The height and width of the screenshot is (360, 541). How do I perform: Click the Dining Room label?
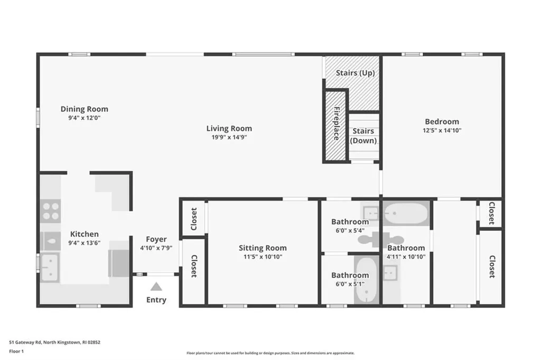coord(84,109)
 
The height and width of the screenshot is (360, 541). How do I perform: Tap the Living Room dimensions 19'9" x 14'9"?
coord(229,137)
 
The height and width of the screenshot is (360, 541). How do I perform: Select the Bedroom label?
coord(442,122)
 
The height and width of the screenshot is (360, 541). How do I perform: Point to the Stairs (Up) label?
coord(355,73)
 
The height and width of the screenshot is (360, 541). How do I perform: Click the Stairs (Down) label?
coord(363,136)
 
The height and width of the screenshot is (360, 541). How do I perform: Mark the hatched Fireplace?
coord(335,126)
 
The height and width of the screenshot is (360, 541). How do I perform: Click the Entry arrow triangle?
coord(156,287)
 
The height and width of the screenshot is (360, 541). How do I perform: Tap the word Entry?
coord(156,300)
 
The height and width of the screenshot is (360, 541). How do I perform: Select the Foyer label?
coord(156,239)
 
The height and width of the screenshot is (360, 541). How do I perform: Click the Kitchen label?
coord(84,234)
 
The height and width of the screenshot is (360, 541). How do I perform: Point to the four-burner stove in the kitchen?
coord(51,211)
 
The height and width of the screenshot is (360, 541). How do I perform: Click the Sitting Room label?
coord(263,248)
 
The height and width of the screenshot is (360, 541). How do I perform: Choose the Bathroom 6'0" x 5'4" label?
coord(350,221)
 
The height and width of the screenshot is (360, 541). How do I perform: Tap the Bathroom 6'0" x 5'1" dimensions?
coord(350,283)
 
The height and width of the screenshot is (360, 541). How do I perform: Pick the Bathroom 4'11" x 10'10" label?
coord(406,248)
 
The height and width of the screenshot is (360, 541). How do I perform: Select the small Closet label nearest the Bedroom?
coord(491,213)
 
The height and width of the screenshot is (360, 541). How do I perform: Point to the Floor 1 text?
coord(17,350)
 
